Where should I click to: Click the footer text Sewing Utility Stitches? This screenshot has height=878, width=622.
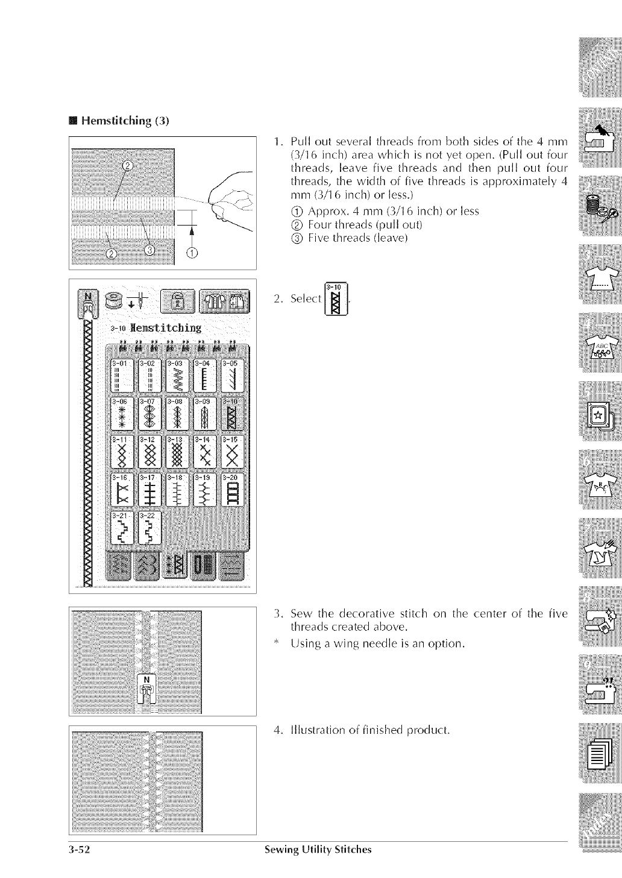318,850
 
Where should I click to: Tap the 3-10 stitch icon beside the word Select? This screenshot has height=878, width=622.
336,298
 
